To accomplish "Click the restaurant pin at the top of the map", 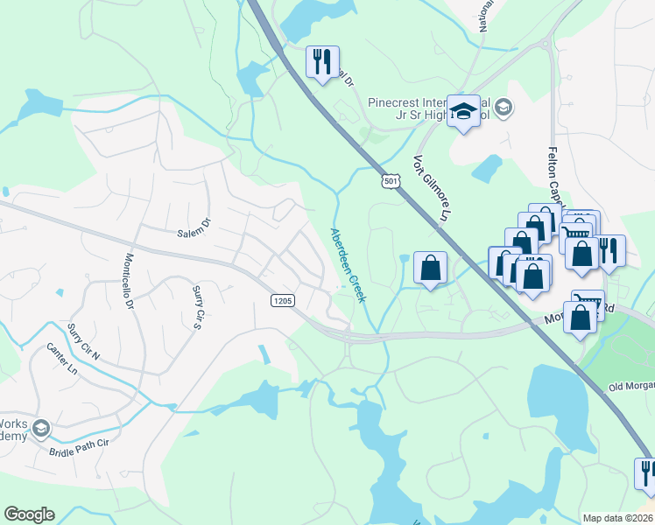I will pyautogui.click(x=321, y=61).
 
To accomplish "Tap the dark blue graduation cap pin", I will pyautogui.click(x=463, y=111).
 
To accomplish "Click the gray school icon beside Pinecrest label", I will pyautogui.click(x=504, y=108).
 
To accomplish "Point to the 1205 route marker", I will pyautogui.click(x=282, y=300).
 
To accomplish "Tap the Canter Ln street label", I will pyautogui.click(x=62, y=360).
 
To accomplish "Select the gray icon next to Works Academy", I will pyautogui.click(x=41, y=430).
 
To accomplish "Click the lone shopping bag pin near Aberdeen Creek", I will pyautogui.click(x=430, y=268).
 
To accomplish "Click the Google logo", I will pyautogui.click(x=29, y=514).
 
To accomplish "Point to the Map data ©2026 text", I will pyautogui.click(x=617, y=518).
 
